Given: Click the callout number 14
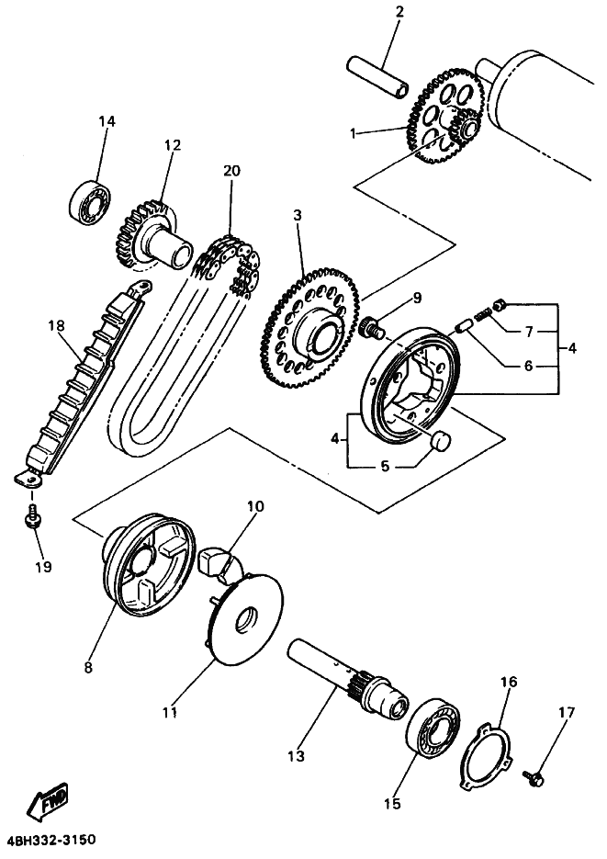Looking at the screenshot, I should point(107,121).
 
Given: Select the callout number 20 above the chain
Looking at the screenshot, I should point(230,171).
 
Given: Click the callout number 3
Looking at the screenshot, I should point(298,216).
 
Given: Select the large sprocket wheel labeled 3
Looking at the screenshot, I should point(305,317).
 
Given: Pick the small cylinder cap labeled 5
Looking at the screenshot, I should point(442,441).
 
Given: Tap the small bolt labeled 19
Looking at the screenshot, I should point(34,519).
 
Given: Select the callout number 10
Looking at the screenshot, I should point(254,506).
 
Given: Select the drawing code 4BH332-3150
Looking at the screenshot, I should point(51,841).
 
